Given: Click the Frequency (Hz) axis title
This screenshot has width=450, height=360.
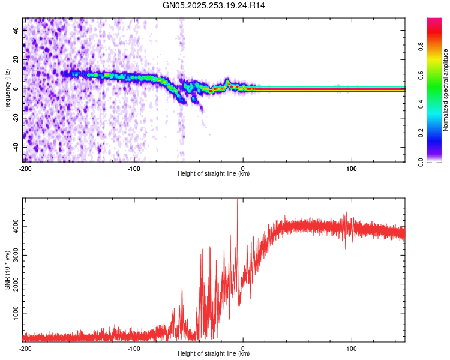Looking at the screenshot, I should coord(7,89).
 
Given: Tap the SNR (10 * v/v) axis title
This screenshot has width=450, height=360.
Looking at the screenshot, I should coord(7,270).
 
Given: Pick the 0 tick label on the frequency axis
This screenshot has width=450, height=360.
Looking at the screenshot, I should coord(16,89).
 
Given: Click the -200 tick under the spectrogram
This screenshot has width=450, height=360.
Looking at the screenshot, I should coord(25,167).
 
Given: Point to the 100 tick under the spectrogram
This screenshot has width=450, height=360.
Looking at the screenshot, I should coord(352,167).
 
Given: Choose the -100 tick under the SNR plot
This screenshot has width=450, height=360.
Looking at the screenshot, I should coord(134,348).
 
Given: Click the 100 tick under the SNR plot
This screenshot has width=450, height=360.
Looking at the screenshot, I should coord(352,348).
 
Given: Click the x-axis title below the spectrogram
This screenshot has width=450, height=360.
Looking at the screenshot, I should coord(214,174).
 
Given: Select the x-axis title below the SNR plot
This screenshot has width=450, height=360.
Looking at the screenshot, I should coord(214,354).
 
